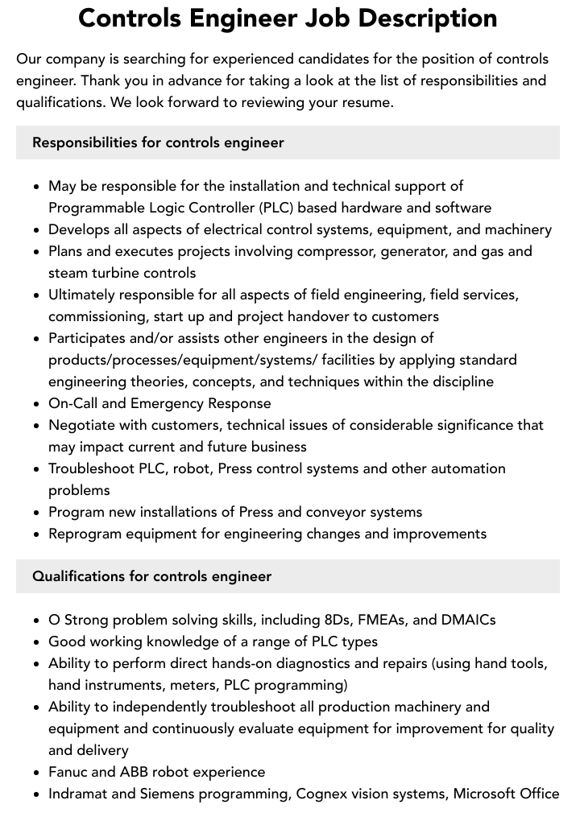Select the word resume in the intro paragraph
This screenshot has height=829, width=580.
(x=367, y=102)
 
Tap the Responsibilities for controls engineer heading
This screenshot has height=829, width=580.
(x=158, y=142)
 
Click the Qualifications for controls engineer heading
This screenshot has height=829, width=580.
(x=151, y=576)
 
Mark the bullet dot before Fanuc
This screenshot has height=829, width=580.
(x=37, y=773)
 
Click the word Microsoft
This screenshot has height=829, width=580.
(x=490, y=794)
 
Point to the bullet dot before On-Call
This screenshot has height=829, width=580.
(x=37, y=404)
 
